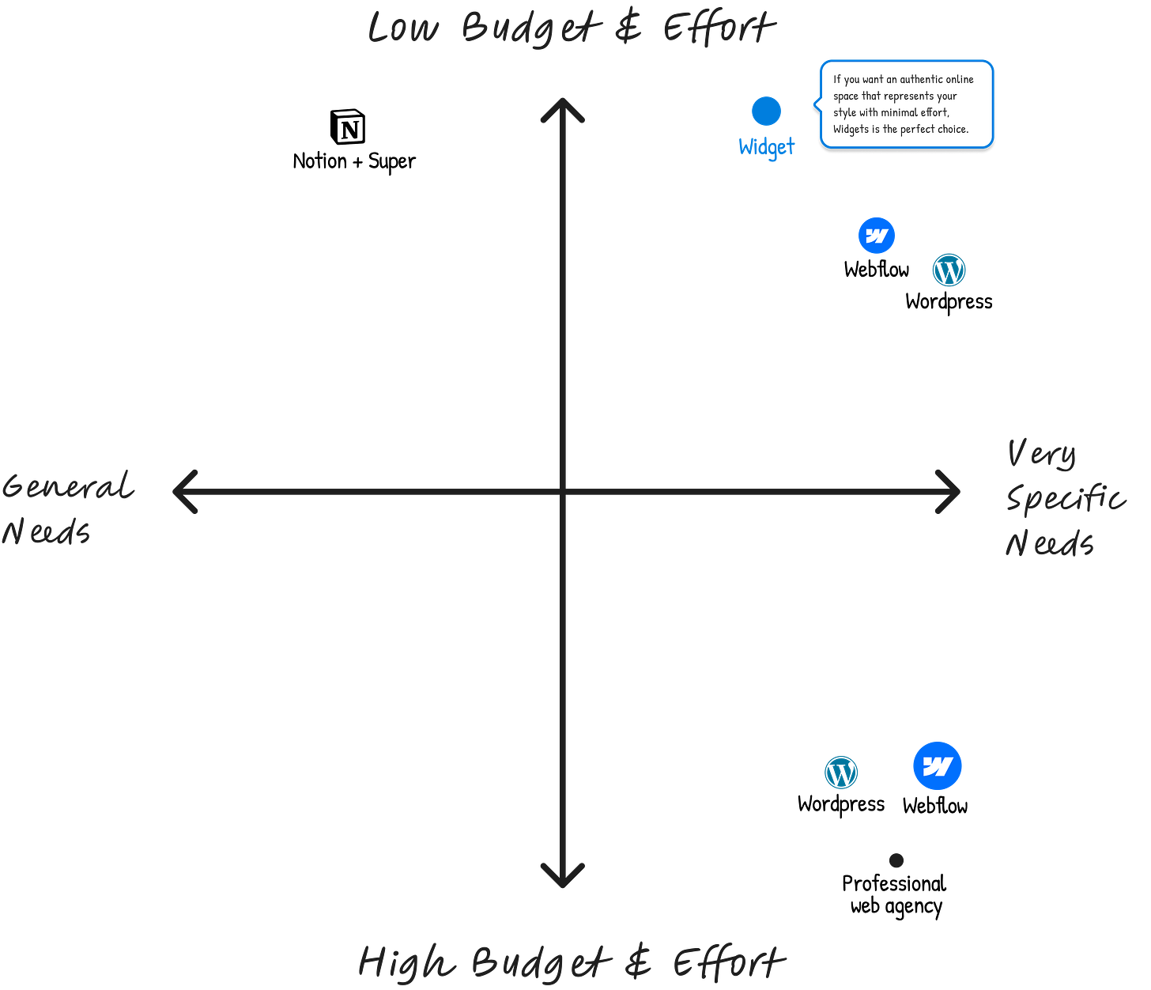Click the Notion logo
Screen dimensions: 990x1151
point(349,127)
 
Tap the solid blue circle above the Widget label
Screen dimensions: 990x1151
point(766,111)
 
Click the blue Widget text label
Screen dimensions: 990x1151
point(767,146)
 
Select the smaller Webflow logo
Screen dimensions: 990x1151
point(877,236)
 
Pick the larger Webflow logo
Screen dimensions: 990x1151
point(938,766)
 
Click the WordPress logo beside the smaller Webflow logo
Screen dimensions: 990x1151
point(949,270)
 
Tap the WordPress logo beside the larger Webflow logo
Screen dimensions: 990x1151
point(841,773)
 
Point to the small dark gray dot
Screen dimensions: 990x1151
point(896,860)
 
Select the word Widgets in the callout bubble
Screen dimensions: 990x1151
point(851,129)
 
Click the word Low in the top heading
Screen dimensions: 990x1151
point(402,28)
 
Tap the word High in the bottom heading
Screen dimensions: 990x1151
point(406,962)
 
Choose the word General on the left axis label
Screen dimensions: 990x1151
point(68,486)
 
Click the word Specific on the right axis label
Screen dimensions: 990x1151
point(1065,498)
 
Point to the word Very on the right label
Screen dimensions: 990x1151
point(1041,454)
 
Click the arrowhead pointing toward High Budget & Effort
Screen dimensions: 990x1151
point(562,878)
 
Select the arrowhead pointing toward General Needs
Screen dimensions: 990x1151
point(182,491)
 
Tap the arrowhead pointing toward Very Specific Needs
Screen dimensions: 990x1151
point(951,492)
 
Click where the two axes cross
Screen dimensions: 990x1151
point(563,492)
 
